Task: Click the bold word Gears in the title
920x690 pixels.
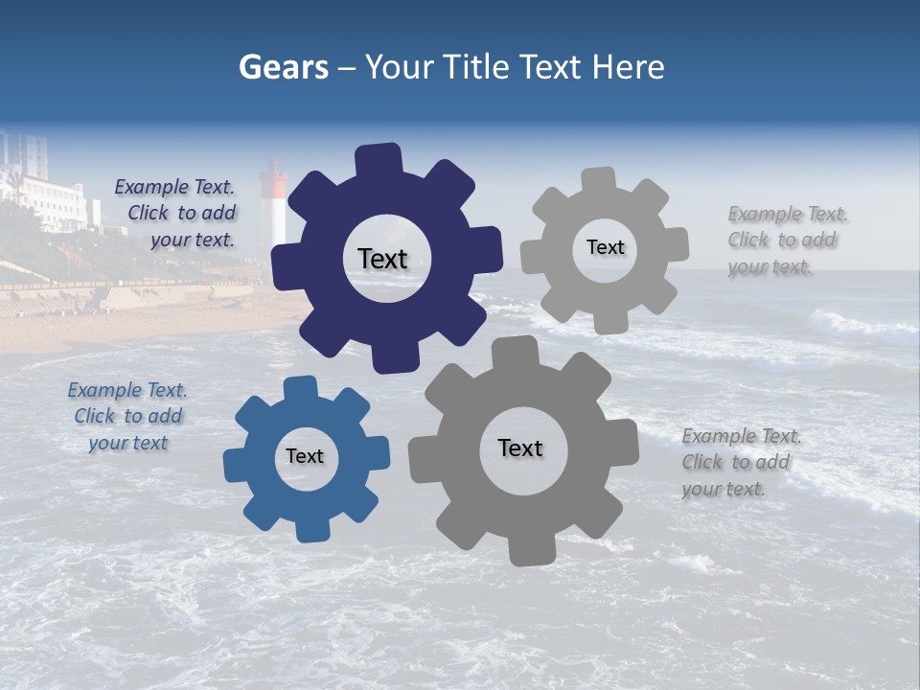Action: click(283, 67)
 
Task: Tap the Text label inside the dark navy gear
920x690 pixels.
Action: click(382, 259)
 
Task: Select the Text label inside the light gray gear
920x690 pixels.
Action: click(605, 247)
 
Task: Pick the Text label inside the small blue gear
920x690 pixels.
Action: click(305, 457)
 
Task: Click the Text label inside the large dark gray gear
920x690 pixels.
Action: click(520, 448)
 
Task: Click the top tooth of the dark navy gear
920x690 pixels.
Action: click(379, 159)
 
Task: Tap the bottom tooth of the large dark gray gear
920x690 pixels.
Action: click(531, 549)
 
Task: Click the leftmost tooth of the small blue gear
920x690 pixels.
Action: click(236, 466)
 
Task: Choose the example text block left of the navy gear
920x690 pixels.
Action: click(175, 214)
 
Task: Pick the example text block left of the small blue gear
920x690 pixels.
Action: click(127, 417)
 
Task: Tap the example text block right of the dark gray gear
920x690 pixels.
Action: click(741, 463)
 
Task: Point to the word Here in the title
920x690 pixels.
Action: click(628, 67)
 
